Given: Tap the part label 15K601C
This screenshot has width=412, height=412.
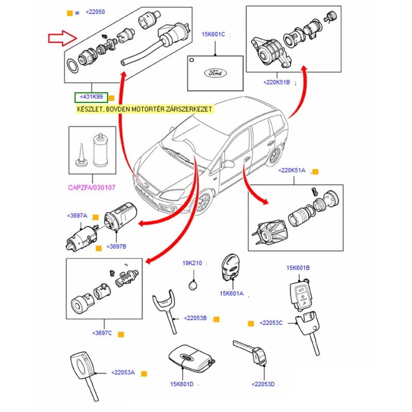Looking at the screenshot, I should click(x=213, y=35).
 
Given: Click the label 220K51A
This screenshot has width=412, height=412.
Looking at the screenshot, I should click(x=292, y=170).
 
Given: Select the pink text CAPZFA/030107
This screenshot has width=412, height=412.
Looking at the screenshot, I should click(x=93, y=188).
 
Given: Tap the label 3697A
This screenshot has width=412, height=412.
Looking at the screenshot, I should click(x=77, y=216).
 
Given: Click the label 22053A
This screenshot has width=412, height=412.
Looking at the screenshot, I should click(x=123, y=372).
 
